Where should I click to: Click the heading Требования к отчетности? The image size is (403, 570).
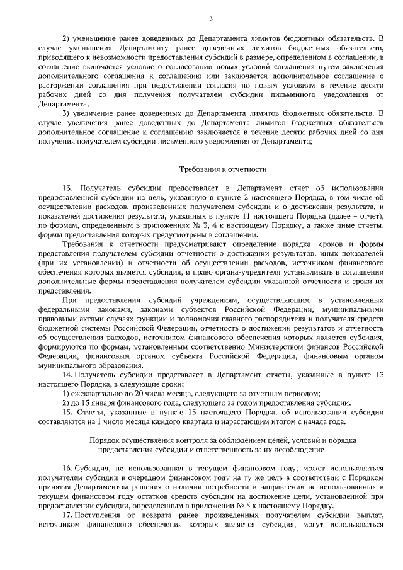(x=224, y=169)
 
